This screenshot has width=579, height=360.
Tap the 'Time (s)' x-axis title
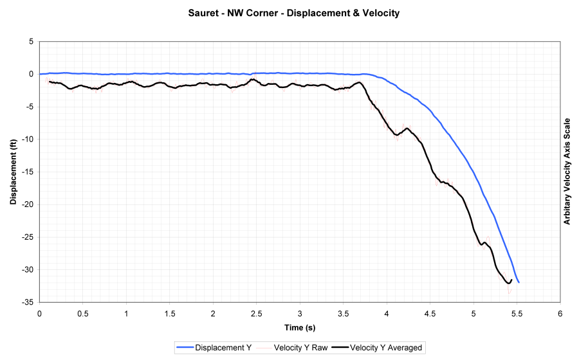click(x=300, y=327)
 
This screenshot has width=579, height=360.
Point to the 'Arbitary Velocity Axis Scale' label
click(x=567, y=172)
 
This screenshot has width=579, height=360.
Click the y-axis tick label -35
click(x=28, y=302)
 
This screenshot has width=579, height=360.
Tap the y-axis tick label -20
click(x=28, y=204)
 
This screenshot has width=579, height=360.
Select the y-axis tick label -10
click(x=28, y=139)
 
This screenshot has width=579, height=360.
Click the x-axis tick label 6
click(x=560, y=313)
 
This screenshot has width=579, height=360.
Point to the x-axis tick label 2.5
click(x=257, y=313)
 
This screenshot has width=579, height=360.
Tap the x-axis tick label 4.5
click(x=430, y=313)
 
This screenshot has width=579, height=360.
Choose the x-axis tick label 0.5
click(x=83, y=313)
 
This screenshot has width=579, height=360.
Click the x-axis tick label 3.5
click(x=344, y=313)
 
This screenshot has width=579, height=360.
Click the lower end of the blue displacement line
click(x=519, y=282)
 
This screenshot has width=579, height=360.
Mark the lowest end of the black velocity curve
click(x=509, y=282)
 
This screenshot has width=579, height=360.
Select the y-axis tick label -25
click(x=28, y=237)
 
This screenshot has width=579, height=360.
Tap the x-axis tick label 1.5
click(x=170, y=313)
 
